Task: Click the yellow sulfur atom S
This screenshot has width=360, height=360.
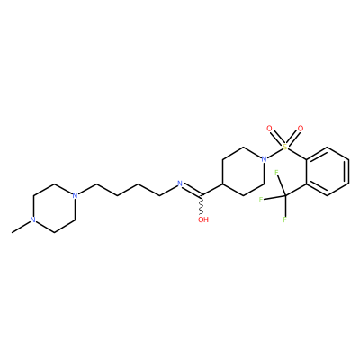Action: coord(285,147)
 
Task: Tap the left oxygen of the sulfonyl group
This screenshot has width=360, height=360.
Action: coord(269,129)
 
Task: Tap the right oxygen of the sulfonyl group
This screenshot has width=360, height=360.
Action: coord(301,129)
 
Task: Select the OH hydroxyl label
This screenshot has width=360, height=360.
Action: coord(203,220)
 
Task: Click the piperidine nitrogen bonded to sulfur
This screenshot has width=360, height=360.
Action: coord(264,159)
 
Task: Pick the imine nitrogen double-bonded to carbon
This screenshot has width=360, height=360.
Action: coord(180,184)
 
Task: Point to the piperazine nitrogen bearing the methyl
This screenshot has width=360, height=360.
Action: coord(33,220)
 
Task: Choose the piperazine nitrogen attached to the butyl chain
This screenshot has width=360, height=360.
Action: coord(75,195)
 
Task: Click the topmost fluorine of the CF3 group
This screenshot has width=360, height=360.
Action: coord(276,172)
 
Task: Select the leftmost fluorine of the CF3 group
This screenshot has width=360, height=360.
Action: coord(261,200)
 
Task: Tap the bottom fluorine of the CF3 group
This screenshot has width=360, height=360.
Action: coord(284,220)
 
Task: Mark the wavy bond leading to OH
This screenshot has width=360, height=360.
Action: coord(202,205)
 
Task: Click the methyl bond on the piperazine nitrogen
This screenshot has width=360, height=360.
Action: coord(21,228)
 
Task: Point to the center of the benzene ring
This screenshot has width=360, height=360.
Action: coord(328,172)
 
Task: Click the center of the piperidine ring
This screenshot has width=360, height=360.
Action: coord(243,172)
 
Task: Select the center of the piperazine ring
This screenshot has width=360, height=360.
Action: coord(54,208)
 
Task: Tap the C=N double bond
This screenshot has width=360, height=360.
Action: coord(193,191)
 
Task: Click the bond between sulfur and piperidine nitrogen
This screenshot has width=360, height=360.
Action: coord(274,153)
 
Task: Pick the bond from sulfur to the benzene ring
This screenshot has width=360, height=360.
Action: coord(297,154)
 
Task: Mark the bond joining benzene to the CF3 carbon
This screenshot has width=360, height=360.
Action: coord(295,190)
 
